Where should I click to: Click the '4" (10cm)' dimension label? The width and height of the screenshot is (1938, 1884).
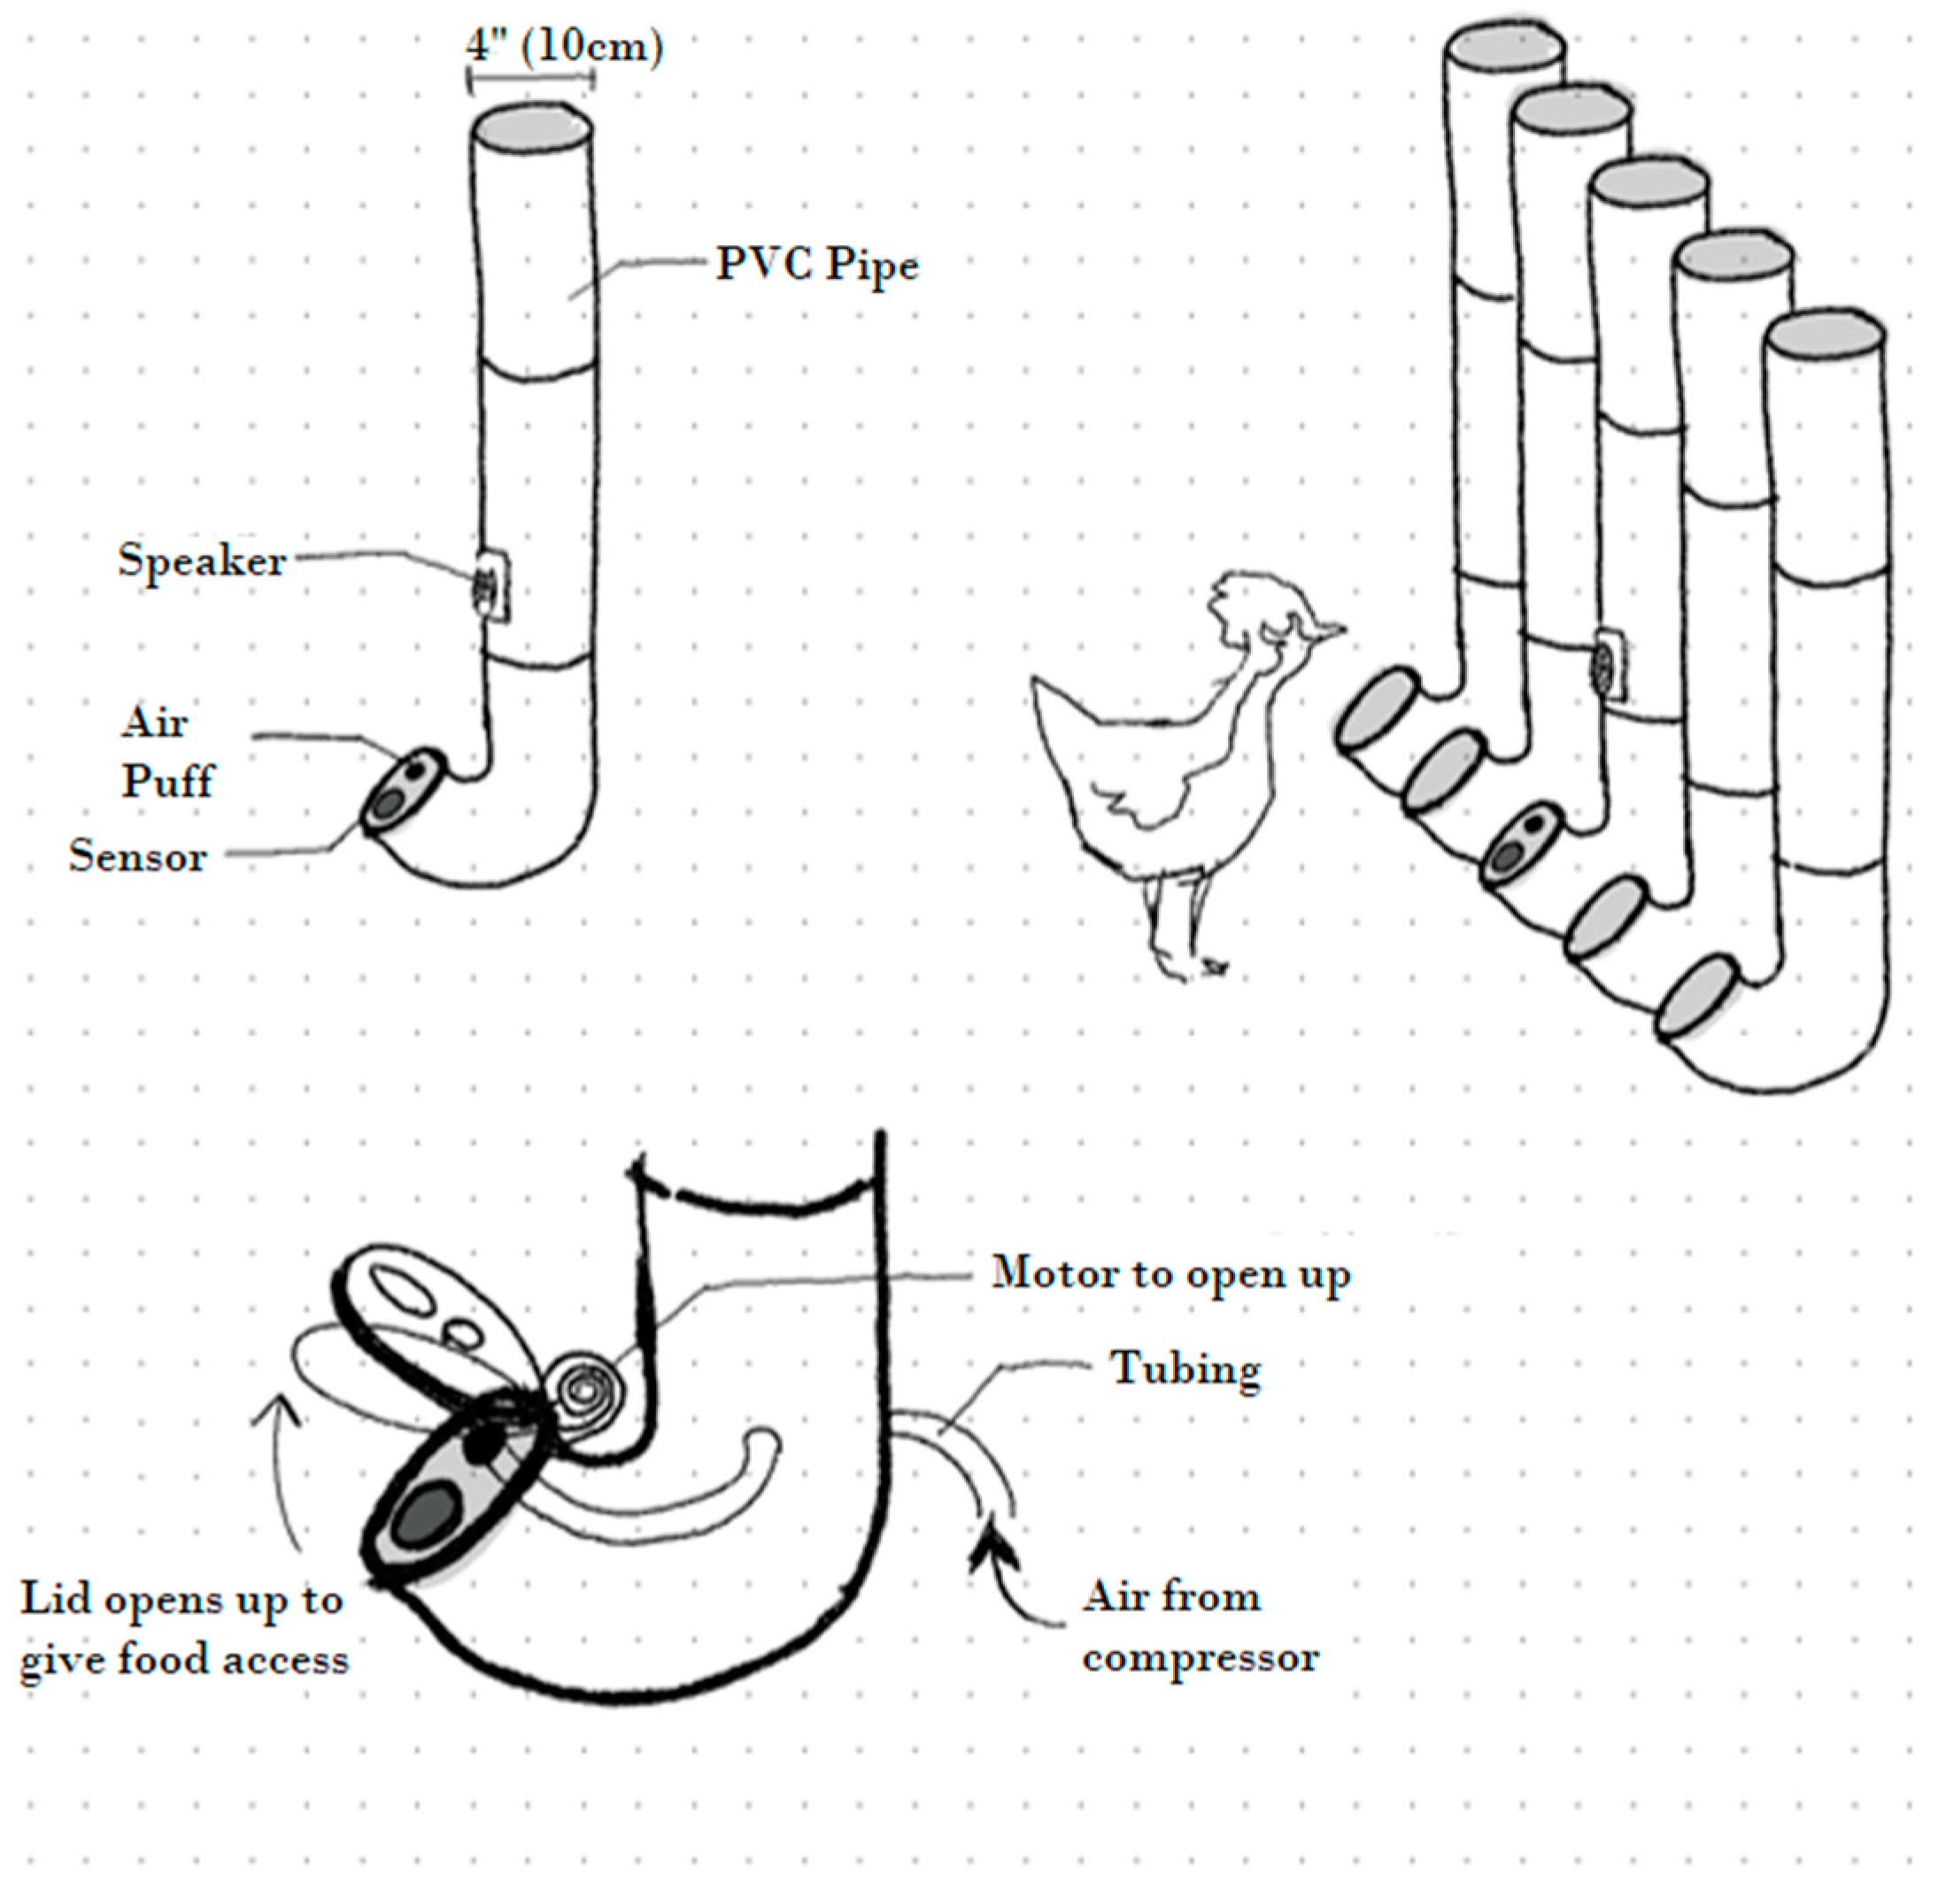[565, 48]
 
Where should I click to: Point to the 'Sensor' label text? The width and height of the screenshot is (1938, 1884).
[137, 856]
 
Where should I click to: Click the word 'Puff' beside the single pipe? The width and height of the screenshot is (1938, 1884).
[166, 782]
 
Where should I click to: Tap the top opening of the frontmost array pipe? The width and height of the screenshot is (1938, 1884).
[1823, 337]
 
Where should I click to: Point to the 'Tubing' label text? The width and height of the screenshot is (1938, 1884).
[1185, 1370]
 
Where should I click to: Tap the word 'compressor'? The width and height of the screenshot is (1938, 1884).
[1200, 1657]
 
